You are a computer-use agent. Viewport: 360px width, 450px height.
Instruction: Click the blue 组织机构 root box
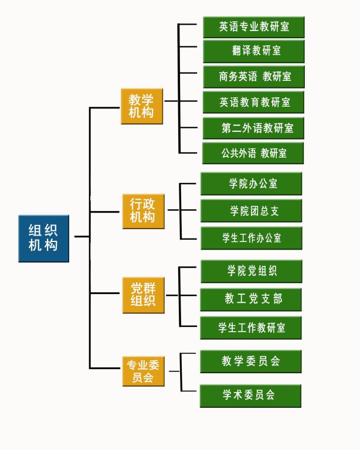(x=43, y=238)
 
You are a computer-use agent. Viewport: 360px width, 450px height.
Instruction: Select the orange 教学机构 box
(x=141, y=106)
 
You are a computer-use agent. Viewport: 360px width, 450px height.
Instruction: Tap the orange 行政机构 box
(x=142, y=211)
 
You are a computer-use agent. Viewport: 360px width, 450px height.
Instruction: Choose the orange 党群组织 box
(x=142, y=295)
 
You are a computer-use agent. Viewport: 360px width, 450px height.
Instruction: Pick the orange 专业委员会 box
(x=142, y=371)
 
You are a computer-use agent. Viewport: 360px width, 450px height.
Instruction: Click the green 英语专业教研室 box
(x=253, y=27)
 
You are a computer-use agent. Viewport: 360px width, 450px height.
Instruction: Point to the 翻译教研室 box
(x=253, y=51)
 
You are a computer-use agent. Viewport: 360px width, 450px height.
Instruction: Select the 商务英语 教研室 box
(x=253, y=77)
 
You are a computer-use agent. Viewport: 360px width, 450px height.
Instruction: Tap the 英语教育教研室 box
(x=253, y=103)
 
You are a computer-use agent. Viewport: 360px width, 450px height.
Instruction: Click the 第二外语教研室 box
(x=253, y=128)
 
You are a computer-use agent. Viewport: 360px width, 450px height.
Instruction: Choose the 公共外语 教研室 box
(x=253, y=154)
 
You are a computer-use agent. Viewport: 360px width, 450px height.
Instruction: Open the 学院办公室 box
(x=251, y=183)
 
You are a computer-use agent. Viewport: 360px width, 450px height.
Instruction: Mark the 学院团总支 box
(x=251, y=211)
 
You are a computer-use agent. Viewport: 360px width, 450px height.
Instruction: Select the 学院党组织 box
(x=251, y=271)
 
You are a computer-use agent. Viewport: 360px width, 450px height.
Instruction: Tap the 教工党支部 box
(x=251, y=299)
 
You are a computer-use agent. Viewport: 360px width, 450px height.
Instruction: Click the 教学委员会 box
(x=250, y=362)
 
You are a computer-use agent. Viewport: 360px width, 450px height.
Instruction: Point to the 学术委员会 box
(x=250, y=396)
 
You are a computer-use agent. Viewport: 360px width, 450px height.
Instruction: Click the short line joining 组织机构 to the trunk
(x=81, y=237)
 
